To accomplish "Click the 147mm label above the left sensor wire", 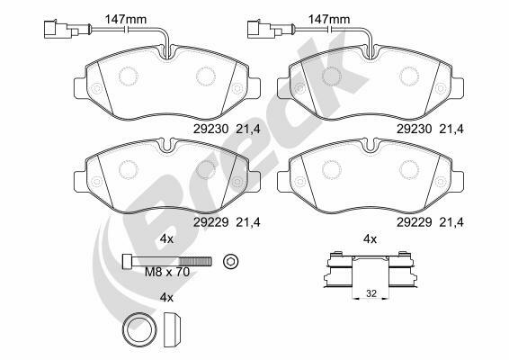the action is pos(125,19).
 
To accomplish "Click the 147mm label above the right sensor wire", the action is pos(329,19).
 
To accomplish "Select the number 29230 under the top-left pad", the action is pos(211,129).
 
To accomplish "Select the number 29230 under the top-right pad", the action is pos(415,129).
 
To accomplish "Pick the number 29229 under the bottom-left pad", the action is pos(211,222).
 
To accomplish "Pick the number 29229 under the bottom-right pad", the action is pos(415,222).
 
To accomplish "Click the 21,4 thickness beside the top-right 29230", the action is pos(451,130).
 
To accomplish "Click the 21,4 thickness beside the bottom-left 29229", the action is pos(248,222).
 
